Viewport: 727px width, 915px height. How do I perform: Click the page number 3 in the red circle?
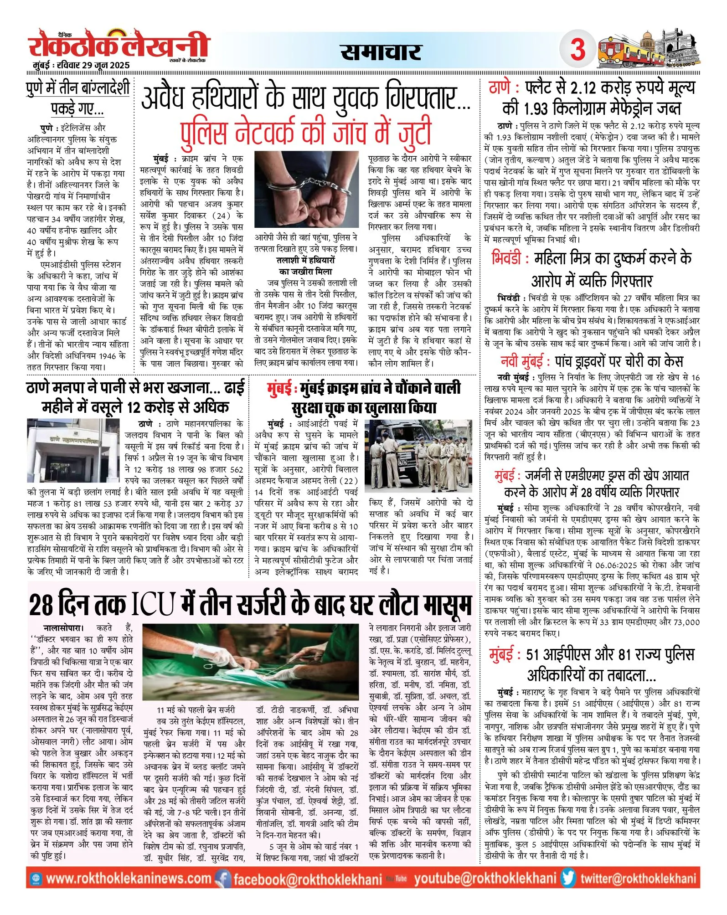pyautogui.click(x=577, y=49)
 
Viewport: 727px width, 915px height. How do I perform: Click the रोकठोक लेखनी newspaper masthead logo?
pyautogui.click(x=118, y=46)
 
